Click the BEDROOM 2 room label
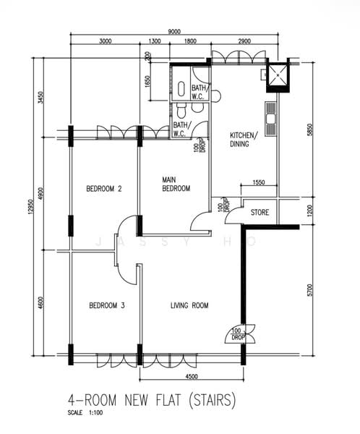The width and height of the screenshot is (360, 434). pyautogui.click(x=104, y=189)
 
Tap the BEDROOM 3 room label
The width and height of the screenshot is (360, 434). pyautogui.click(x=107, y=305)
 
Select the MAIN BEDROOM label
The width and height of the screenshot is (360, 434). pyautogui.click(x=176, y=184)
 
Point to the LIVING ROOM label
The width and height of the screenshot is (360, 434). pyautogui.click(x=189, y=305)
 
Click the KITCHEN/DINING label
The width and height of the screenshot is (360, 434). pyautogui.click(x=244, y=140)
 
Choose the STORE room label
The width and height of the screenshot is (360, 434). pyautogui.click(x=260, y=212)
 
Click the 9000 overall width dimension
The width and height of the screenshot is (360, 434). pyautogui.click(x=174, y=31)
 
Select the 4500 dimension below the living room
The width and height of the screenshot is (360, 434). pyautogui.click(x=192, y=376)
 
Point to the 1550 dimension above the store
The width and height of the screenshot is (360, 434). pyautogui.click(x=259, y=182)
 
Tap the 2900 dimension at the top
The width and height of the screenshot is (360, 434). pyautogui.click(x=244, y=41)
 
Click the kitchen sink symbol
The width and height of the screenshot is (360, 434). pyautogui.click(x=270, y=119)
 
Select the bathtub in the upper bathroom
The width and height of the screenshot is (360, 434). pyautogui.click(x=181, y=89)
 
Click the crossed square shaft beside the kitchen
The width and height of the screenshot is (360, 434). pyautogui.click(x=278, y=75)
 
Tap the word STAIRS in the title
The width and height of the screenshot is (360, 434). pyautogui.click(x=213, y=400)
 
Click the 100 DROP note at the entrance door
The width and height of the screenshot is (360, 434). pyautogui.click(x=237, y=334)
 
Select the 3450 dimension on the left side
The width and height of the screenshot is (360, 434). pyautogui.click(x=40, y=98)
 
